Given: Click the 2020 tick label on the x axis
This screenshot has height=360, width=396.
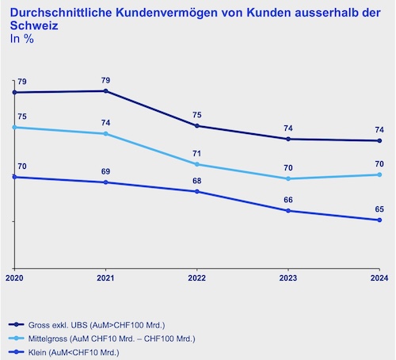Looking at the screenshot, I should point(14,277).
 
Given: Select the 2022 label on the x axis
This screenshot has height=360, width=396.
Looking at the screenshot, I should point(196,277).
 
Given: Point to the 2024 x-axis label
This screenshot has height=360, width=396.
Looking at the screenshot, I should point(379,277).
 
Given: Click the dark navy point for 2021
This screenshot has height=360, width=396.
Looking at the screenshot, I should point(105,91).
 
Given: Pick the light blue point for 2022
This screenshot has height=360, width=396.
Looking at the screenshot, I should point(196,164).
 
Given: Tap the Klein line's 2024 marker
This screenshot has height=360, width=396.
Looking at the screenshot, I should point(379,220).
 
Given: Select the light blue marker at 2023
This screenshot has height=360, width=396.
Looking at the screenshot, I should point(287,178).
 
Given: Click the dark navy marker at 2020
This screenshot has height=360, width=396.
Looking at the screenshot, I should point(14,93).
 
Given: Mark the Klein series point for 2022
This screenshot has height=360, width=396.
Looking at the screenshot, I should point(196,191).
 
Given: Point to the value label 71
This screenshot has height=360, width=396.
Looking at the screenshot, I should point(196,153).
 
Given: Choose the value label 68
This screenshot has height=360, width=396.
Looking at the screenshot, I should point(196,181).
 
